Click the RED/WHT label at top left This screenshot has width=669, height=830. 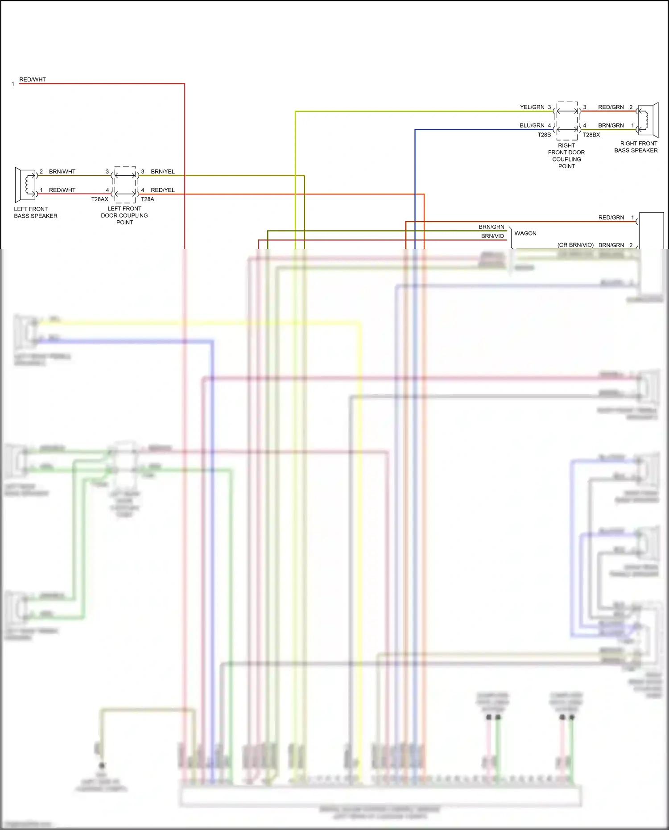point(32,79)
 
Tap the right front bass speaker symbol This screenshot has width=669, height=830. point(648,120)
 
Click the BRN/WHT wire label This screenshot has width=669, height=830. point(62,172)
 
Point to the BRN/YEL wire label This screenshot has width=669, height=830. point(162,172)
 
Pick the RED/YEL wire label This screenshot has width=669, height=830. point(162,190)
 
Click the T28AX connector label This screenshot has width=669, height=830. point(99,199)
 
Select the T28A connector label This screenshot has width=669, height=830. point(148,199)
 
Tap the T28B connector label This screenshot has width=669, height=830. point(544,135)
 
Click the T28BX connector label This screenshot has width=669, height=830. point(591,135)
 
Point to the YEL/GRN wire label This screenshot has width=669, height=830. point(532,107)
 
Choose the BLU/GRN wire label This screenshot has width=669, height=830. point(532,125)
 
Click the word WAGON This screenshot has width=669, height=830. point(525,233)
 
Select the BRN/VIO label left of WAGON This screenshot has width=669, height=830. point(492,236)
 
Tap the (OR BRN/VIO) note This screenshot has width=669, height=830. point(575,245)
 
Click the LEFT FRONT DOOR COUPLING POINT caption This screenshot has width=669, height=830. point(124,215)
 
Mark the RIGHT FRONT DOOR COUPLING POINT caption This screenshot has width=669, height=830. point(566,156)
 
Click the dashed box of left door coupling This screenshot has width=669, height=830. point(125,185)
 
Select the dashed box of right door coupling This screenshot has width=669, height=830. point(567,120)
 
